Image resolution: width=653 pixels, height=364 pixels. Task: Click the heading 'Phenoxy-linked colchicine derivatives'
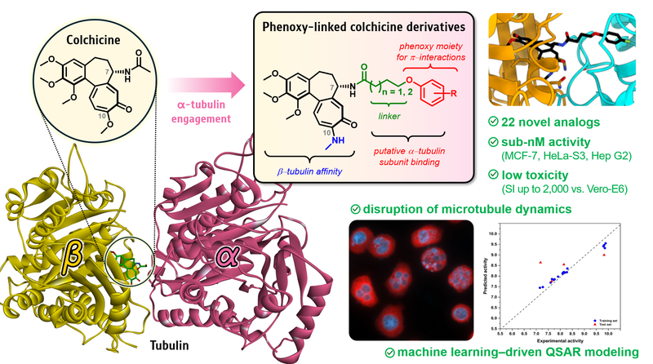(361, 25)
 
